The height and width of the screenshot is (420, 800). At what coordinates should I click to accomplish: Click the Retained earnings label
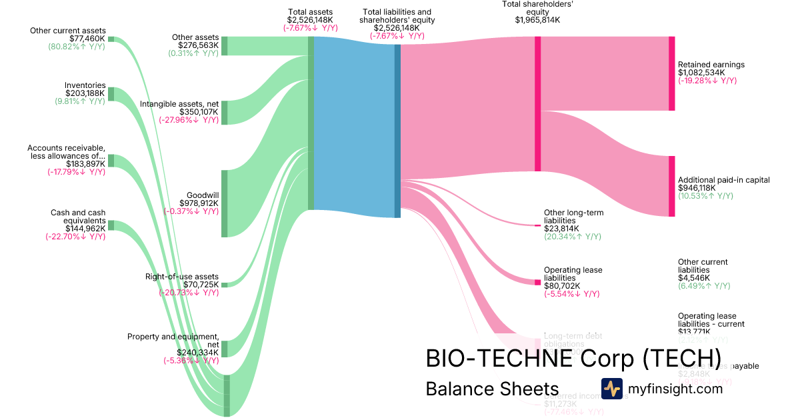(711, 65)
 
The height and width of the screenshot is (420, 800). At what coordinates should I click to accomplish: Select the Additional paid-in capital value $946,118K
(697, 188)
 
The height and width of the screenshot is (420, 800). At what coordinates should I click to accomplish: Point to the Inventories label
(85, 85)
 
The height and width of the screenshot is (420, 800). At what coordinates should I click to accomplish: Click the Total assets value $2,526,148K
(310, 20)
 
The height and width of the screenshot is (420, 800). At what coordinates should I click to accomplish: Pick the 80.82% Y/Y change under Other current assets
(77, 47)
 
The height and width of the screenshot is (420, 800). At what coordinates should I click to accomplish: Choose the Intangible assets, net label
(179, 104)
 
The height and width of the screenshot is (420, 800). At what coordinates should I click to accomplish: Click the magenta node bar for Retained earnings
(671, 73)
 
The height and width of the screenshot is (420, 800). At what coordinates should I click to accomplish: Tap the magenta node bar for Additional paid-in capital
(671, 186)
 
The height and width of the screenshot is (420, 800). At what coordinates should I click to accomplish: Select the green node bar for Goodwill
(225, 203)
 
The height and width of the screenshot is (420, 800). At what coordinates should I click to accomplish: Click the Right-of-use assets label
(181, 277)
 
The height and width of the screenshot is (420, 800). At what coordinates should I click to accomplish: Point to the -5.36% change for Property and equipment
(191, 361)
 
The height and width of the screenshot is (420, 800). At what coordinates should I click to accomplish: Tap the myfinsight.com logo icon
(611, 389)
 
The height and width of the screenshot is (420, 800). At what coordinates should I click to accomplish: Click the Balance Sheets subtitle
(492, 389)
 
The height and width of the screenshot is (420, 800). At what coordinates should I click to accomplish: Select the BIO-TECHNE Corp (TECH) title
(573, 358)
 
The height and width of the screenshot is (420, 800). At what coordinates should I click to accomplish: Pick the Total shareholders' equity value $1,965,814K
(537, 20)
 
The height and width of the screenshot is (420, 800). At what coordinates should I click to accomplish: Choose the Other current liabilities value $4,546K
(694, 278)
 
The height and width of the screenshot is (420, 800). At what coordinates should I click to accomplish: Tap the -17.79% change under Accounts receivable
(76, 171)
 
